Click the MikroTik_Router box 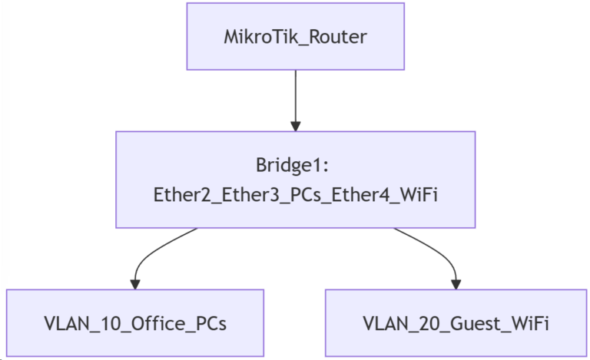(296, 36)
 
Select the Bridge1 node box (296, 180)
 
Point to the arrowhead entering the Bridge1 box (296, 125)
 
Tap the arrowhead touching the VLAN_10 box (135, 284)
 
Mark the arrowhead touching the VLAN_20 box (456, 284)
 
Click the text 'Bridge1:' (296, 166)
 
